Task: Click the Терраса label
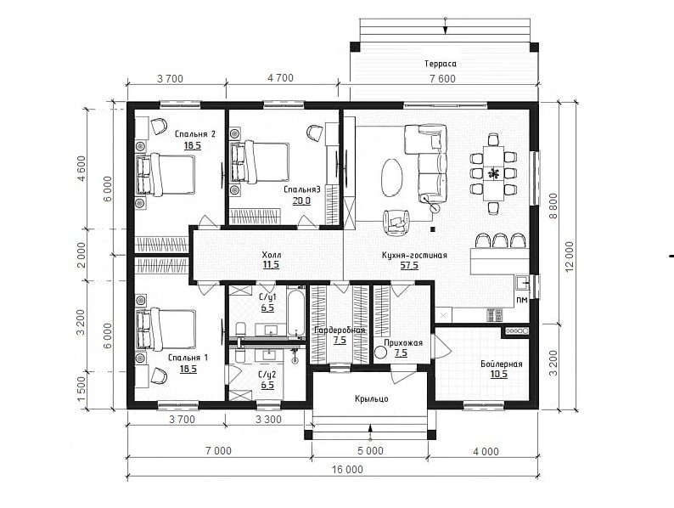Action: (x=441, y=64)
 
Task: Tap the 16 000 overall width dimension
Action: (x=347, y=469)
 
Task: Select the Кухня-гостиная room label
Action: (x=414, y=255)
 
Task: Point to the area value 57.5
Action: (x=409, y=265)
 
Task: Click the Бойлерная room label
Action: (x=502, y=364)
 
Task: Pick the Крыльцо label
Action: (x=372, y=398)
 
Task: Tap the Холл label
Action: (x=272, y=255)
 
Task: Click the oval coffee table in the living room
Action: (x=391, y=178)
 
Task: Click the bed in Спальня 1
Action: (x=165, y=328)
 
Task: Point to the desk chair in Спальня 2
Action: (x=159, y=126)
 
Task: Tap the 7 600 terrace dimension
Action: (x=442, y=79)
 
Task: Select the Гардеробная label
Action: (x=340, y=330)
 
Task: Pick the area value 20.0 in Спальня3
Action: (x=301, y=200)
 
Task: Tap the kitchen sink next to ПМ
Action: (x=523, y=284)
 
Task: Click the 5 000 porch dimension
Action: (x=370, y=451)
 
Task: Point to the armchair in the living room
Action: (x=396, y=221)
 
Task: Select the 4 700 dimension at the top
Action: (x=280, y=78)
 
